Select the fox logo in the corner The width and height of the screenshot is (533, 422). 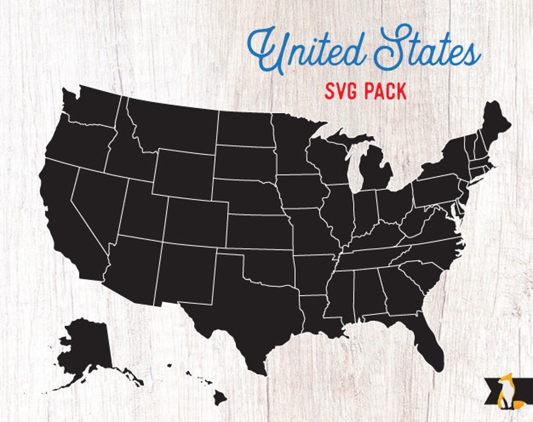(505, 392)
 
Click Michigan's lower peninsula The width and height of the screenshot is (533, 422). (375, 170)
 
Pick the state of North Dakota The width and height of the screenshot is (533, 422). (244, 128)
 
